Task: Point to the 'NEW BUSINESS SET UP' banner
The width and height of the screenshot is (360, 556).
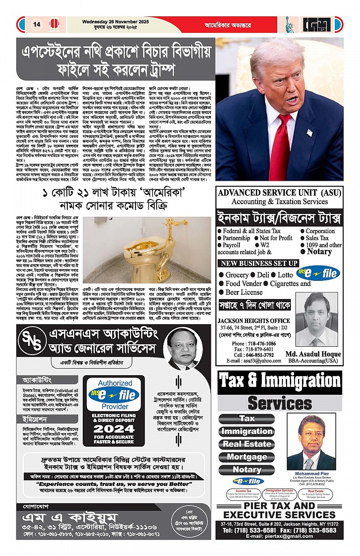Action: tap(259, 263)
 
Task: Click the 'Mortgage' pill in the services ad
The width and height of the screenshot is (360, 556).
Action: tap(247, 457)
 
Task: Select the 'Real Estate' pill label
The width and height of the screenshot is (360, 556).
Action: tap(247, 444)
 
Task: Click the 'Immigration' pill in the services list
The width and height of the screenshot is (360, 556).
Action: tap(247, 431)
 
